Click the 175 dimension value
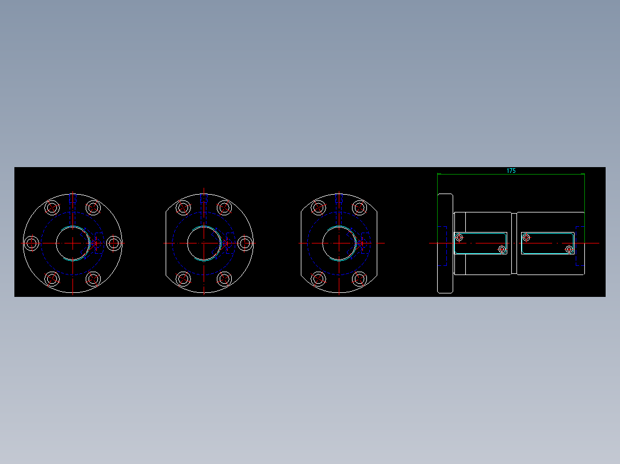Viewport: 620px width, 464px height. (511, 171)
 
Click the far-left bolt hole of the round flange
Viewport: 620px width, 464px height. (32, 243)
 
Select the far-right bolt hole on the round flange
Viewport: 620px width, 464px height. (114, 243)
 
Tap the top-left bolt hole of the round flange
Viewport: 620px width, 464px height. (52, 207)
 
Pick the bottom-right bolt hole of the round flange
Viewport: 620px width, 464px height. (93, 279)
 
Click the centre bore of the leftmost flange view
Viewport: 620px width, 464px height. (73, 243)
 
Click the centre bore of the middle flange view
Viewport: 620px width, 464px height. (204, 243)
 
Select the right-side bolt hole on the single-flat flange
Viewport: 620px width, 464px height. (245, 243)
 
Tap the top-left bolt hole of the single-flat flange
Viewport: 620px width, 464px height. (183, 207)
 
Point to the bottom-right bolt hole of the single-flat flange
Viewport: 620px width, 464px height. (224, 279)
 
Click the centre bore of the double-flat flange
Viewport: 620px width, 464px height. (339, 243)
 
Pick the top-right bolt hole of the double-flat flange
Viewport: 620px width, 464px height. (360, 207)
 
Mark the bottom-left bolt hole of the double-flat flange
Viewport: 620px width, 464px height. (319, 279)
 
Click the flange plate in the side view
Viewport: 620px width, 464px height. (445, 243)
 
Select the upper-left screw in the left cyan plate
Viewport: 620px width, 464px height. (459, 237)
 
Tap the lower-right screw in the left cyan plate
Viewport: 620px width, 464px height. (502, 249)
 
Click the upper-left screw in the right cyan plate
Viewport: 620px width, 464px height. (526, 237)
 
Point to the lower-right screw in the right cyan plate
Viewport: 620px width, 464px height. (569, 249)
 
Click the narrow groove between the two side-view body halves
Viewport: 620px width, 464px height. (514, 243)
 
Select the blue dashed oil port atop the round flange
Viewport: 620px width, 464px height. (72, 199)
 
